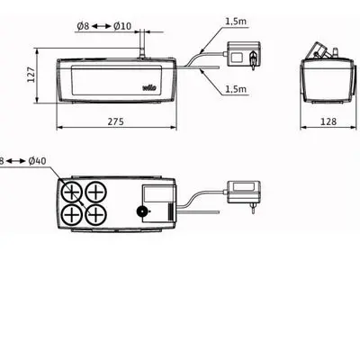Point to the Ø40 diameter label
[x=38, y=161]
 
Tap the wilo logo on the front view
[x=148, y=87]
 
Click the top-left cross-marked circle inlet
[x=72, y=191]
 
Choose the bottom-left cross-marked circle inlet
[x=72, y=215]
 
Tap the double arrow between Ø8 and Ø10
[x=107, y=26]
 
